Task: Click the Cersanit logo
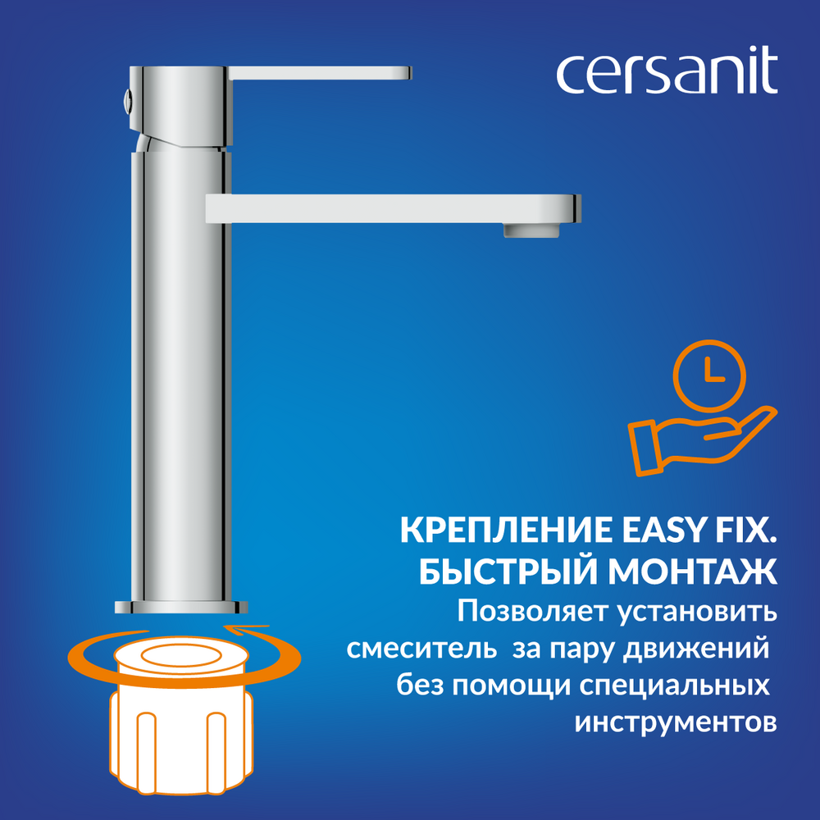point(667,70)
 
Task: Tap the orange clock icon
point(709,376)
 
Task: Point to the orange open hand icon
point(702,440)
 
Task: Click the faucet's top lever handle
point(319,73)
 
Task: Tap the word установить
point(698,612)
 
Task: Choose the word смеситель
point(421,649)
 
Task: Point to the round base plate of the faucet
point(181,607)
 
